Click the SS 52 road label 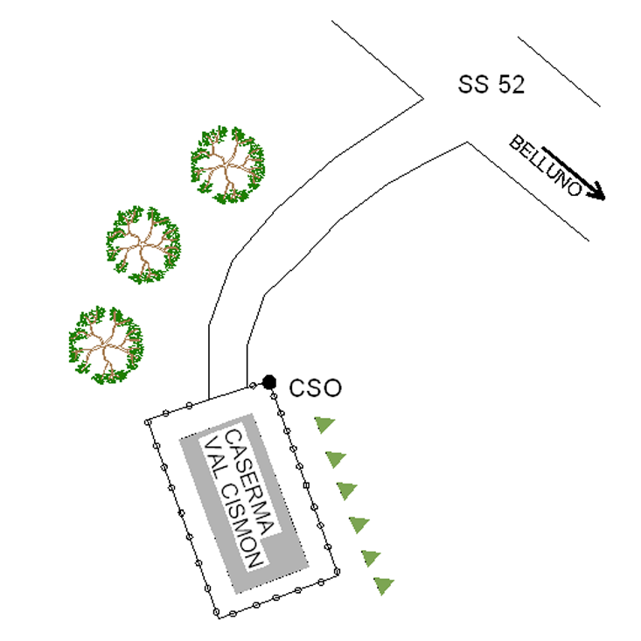coord(491,84)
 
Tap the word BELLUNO coord(546,165)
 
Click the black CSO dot coord(269,382)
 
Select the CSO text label coord(315,387)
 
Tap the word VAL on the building coord(215,457)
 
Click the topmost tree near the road coord(227,165)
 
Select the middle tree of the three coord(143,244)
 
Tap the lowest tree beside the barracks coord(105,345)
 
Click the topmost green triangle coord(324,425)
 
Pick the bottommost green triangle coord(383,584)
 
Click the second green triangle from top coord(335,458)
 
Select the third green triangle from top coord(347,490)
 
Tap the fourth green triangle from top coord(359,525)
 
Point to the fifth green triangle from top coord(371,556)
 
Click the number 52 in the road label coord(510,84)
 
